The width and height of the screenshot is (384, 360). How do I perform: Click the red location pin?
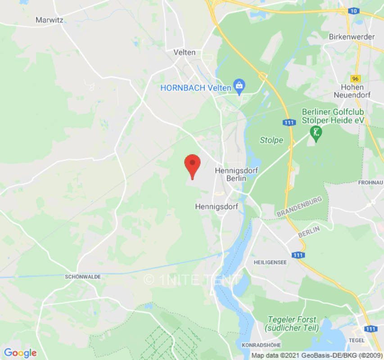coord(193,165)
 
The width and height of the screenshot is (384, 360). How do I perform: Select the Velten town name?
coord(185,52)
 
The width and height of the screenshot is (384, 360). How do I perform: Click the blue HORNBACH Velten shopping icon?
coord(239,86)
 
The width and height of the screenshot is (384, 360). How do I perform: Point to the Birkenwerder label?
coord(352,37)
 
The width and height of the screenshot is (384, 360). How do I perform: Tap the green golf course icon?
coord(316,133)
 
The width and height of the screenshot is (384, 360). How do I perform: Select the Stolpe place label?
coord(271,140)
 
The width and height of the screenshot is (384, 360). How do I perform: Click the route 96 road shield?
coord(356,78)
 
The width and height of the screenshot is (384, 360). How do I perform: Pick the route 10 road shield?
coord(354,10)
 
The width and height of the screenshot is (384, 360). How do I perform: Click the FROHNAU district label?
coord(370,182)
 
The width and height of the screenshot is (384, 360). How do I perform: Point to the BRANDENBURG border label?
coord(300,206)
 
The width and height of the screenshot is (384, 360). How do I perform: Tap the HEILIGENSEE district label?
coord(270,262)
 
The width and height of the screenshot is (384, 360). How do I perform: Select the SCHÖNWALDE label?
coord(83,276)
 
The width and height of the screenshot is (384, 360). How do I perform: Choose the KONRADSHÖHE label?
coord(261,345)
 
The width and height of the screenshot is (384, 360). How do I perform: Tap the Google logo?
coord(20,353)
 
